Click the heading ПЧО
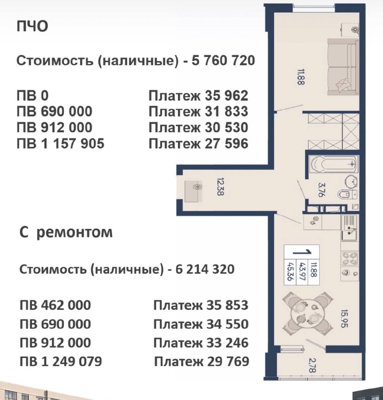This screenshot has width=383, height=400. pyautogui.click(x=32, y=27)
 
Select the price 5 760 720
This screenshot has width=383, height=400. pyautogui.click(x=223, y=61)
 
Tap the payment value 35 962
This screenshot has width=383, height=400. pyautogui.click(x=226, y=96)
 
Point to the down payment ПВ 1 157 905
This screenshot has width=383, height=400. pyautogui.click(x=60, y=143)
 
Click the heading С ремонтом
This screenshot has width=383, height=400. pyautogui.click(x=66, y=232)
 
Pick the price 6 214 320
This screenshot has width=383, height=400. pyautogui.click(x=205, y=269)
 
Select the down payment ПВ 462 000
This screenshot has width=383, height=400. pyautogui.click(x=55, y=305)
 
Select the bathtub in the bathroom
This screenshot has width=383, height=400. pyautogui.click(x=333, y=164)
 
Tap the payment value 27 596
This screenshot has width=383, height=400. pyautogui.click(x=226, y=143)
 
